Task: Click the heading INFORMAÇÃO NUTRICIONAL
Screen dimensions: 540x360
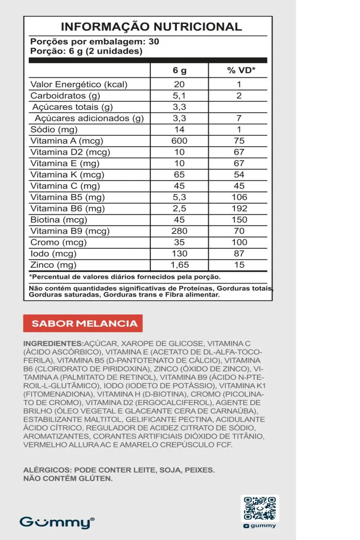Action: (151, 27)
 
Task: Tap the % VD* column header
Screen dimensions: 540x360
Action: (241, 71)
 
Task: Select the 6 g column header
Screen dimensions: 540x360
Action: (179, 71)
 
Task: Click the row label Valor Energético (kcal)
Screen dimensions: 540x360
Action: (79, 84)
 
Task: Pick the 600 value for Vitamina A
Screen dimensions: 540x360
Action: (179, 141)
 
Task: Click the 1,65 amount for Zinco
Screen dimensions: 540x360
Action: (179, 265)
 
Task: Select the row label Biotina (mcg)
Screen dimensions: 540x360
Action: (58, 220)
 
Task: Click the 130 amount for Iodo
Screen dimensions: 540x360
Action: (179, 254)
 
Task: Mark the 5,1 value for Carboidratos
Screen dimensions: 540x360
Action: (179, 95)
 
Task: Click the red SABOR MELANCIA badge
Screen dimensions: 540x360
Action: (83, 323)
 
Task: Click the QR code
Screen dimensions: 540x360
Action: (260, 508)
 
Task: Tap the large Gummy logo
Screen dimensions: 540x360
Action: (56, 522)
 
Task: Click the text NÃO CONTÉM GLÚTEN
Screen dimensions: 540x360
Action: (67, 479)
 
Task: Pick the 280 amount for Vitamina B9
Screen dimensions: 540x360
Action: (179, 231)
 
